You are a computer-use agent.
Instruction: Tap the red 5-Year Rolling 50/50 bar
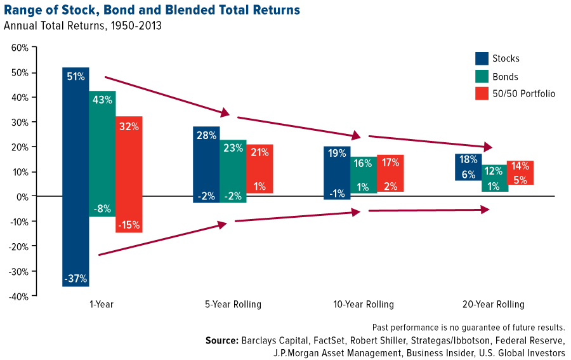259,168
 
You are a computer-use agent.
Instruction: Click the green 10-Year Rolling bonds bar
364,175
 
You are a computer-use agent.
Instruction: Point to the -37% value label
75,278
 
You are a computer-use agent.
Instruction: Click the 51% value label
75,77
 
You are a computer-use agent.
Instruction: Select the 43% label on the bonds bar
102,100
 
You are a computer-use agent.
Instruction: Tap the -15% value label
129,225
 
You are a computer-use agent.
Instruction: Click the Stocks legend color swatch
482,58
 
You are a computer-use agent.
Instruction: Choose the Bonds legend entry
505,77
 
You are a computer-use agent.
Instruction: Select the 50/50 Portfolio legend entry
523,94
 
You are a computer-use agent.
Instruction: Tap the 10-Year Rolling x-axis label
364,304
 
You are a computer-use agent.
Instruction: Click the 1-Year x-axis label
102,304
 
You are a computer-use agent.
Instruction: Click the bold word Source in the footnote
221,340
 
